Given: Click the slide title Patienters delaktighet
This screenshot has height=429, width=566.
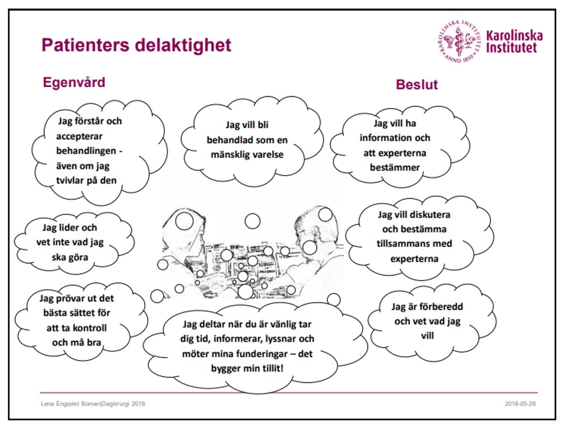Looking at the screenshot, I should (137, 45).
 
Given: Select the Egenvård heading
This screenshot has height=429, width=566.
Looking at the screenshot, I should (74, 82).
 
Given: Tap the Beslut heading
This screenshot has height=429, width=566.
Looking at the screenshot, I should (417, 84).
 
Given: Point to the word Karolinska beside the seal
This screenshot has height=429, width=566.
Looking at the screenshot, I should (514, 36).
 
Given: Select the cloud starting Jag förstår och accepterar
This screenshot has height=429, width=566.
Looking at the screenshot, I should (90, 151).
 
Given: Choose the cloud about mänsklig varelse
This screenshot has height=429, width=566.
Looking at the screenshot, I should (247, 140).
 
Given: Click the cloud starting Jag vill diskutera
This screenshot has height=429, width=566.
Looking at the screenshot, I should (414, 236).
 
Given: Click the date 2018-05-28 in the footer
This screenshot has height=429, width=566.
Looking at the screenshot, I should (520, 404).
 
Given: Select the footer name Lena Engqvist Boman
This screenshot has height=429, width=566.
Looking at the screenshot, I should (71, 404).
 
